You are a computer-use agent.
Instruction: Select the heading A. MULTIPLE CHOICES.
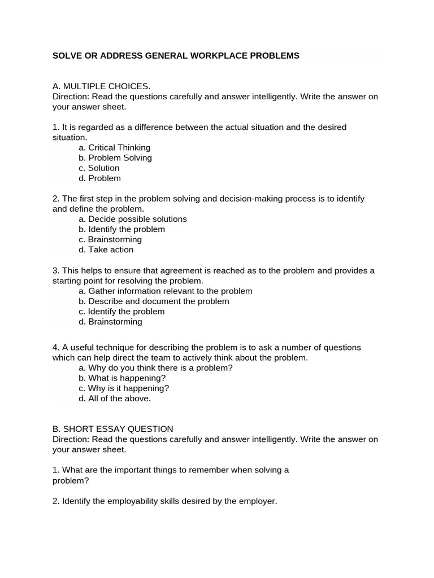pyautogui.click(x=101, y=86)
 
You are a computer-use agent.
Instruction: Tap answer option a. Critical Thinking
pyautogui.click(x=115, y=147)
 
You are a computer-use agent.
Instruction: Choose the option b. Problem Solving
pyautogui.click(x=115, y=157)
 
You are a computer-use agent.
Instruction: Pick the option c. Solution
pyautogui.click(x=99, y=168)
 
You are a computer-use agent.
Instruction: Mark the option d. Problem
pyautogui.click(x=100, y=178)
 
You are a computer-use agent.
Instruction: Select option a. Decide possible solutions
pyautogui.click(x=133, y=218)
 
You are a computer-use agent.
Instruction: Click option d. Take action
pyautogui.click(x=106, y=249)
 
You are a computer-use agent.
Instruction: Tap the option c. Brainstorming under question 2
pyautogui.click(x=110, y=239)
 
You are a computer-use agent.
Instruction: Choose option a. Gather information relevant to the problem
pyautogui.click(x=166, y=291)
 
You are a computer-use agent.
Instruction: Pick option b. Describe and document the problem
pyautogui.click(x=154, y=301)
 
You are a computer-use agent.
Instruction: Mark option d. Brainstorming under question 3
pyautogui.click(x=111, y=321)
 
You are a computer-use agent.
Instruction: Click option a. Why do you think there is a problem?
pyautogui.click(x=156, y=367)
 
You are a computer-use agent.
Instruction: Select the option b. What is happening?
pyautogui.click(x=123, y=378)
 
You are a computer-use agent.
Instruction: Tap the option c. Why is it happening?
pyautogui.click(x=124, y=388)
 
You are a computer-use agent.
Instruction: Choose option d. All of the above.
pyautogui.click(x=115, y=398)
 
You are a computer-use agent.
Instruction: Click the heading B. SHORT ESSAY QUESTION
pyautogui.click(x=113, y=428)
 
